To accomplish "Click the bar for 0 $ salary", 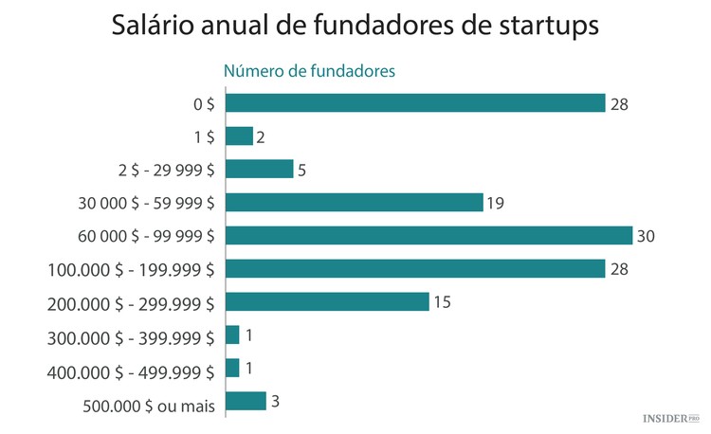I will click(x=415, y=102).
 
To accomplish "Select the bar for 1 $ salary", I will click(x=240, y=136).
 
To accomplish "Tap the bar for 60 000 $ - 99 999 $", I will click(x=428, y=235).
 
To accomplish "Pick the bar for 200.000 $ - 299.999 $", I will click(x=327, y=301).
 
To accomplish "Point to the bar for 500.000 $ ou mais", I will click(x=246, y=401).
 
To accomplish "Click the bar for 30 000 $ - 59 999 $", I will click(x=355, y=202).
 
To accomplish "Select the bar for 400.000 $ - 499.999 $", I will click(x=233, y=368).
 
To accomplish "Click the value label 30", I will click(x=647, y=236).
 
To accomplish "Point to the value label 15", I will click(x=444, y=302).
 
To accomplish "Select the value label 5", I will click(x=302, y=170).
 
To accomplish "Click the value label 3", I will click(x=276, y=402).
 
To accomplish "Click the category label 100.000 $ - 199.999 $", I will click(x=131, y=270).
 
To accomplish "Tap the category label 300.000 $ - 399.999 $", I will click(x=131, y=336).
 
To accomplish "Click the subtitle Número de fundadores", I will click(x=308, y=71).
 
